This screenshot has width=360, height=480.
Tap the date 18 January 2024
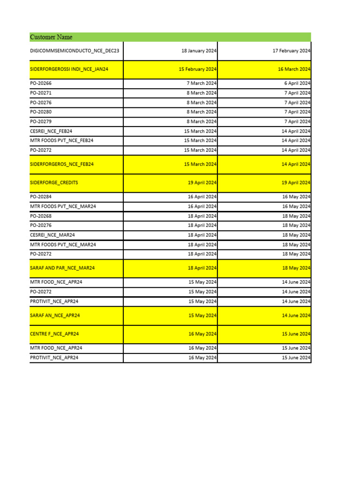coord(199,51)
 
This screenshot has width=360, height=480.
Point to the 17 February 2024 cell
coord(291,51)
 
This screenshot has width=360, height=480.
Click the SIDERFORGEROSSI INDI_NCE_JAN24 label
coord(69,69)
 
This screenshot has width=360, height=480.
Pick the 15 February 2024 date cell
coord(197,69)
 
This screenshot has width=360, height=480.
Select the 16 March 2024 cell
coord(294,69)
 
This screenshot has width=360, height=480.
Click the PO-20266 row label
coord(41,83)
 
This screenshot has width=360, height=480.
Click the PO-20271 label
coord(41,93)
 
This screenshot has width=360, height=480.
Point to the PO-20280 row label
coord(41,112)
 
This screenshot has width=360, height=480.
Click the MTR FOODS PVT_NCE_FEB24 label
coord(61,141)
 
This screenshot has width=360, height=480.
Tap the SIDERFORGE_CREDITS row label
coord(54,183)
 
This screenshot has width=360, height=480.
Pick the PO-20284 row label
coord(41,197)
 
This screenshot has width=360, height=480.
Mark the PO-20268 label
coord(41,216)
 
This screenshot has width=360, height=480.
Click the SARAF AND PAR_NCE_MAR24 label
coord(62,268)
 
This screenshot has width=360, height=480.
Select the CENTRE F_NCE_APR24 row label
coord(54,334)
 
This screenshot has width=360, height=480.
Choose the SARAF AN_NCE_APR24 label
coord(55,315)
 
